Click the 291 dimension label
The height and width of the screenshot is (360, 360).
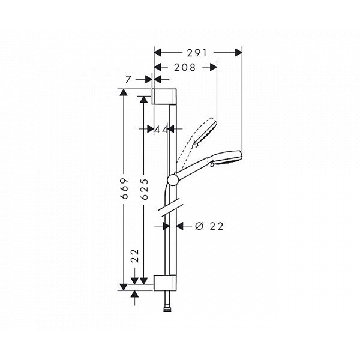(x=197, y=53)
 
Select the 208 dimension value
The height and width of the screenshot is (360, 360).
(x=185, y=67)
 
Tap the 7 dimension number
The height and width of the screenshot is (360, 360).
(x=128, y=80)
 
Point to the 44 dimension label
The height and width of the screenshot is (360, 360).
(x=161, y=130)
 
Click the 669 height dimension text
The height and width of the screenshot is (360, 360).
(x=124, y=188)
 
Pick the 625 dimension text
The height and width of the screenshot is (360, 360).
(x=145, y=189)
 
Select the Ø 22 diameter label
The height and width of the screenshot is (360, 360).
(x=209, y=226)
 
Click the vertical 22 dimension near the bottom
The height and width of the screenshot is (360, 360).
(x=135, y=256)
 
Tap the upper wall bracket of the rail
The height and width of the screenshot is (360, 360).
(x=164, y=96)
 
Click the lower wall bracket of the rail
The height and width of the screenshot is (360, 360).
(x=165, y=283)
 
